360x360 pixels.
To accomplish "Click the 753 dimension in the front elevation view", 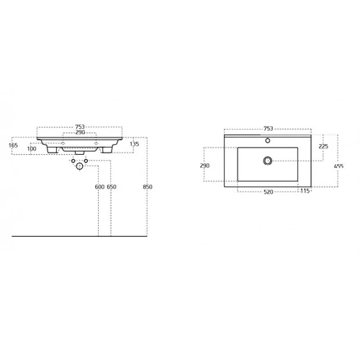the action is [80, 127].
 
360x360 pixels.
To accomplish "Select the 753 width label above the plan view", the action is [269, 128].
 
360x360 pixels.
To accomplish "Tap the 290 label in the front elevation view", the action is [80, 132].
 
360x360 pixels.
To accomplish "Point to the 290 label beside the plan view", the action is [204, 166].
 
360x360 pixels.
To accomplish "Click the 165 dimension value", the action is [13, 145].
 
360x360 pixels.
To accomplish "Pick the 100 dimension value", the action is [32, 149].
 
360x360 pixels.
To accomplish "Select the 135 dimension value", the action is [135, 144].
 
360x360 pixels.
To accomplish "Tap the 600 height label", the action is [99, 186].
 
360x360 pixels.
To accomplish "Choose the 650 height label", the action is [112, 186].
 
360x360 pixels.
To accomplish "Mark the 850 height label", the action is [148, 186].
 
